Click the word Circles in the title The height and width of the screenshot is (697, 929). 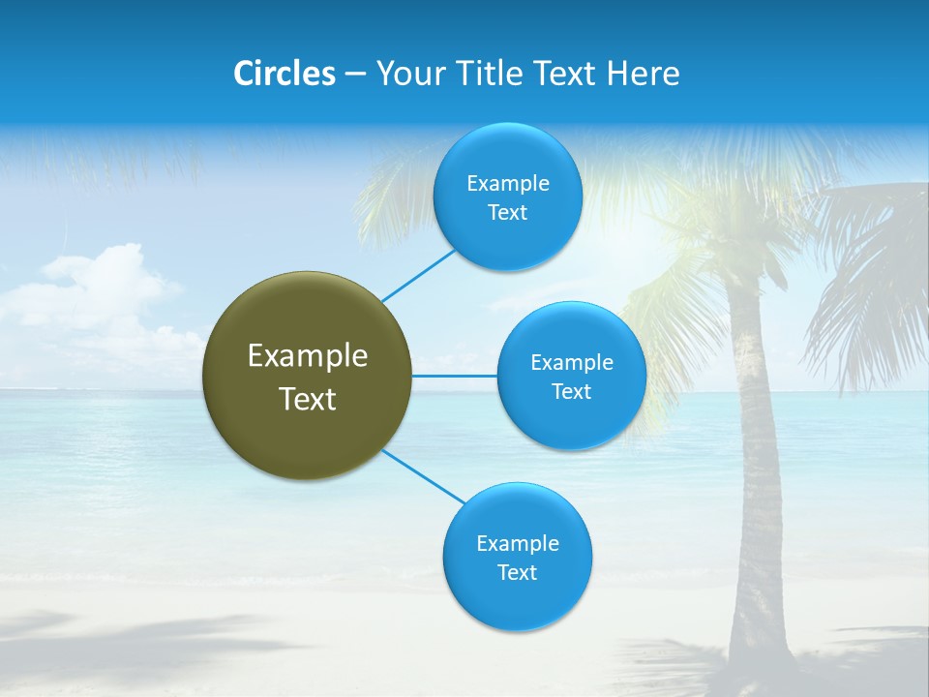point(284,74)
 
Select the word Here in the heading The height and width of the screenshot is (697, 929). point(643,74)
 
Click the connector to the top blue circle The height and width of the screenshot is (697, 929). point(418,276)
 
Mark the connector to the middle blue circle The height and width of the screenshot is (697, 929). point(455,376)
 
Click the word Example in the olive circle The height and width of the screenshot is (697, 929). point(308,356)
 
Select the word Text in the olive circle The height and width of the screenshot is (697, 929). point(308,399)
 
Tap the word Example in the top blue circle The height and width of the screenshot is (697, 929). point(508,184)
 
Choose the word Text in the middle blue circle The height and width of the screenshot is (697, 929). point(571,392)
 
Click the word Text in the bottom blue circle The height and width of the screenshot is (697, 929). point(517,573)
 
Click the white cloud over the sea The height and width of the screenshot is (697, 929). point(97,290)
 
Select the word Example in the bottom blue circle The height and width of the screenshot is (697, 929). point(517,544)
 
